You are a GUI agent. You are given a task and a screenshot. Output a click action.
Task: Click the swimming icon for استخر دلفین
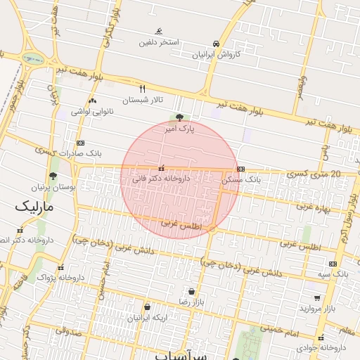159,31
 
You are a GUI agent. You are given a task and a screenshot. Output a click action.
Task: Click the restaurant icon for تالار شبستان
143,89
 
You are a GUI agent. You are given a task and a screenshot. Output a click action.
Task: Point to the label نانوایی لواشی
93,112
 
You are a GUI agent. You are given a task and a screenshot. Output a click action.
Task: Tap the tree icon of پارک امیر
180,117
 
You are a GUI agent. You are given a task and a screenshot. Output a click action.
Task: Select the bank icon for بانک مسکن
241,169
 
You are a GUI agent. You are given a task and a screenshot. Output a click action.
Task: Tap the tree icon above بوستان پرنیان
53,176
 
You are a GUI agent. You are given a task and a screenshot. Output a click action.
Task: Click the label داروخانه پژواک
60,278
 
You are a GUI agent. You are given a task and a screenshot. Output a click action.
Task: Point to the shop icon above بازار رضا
191,290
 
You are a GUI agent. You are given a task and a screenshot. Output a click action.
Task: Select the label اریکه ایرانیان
148,317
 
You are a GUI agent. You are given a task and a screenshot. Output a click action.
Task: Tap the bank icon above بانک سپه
333,264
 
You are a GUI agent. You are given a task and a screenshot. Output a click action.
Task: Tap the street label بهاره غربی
314,206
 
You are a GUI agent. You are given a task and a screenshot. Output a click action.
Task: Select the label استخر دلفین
158,42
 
